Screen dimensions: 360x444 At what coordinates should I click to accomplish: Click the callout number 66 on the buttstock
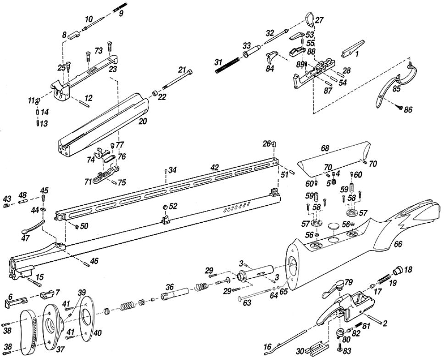click(398, 245)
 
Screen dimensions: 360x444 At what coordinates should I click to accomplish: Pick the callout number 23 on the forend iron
click(112, 69)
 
